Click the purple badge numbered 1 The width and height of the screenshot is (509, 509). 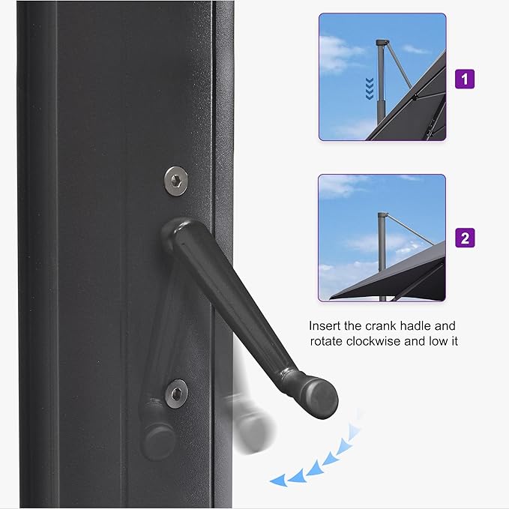point(466,77)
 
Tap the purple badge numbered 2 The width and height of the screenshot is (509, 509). point(466,238)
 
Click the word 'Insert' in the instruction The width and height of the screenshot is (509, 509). point(325,326)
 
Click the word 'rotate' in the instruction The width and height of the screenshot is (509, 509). point(328,342)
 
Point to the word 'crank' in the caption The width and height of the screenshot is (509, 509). point(397,326)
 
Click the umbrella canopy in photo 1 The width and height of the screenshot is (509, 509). point(420,105)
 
